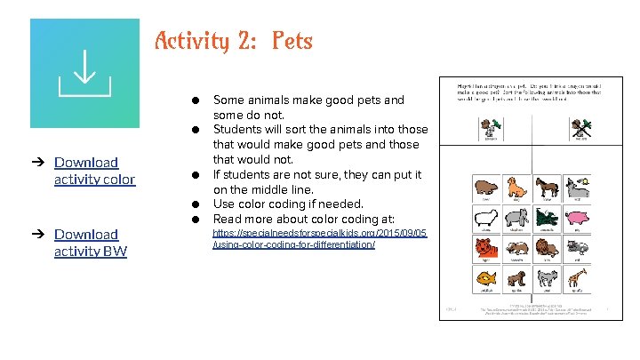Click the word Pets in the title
tap(292, 41)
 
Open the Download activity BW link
tap(90, 243)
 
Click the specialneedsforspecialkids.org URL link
tap(319, 238)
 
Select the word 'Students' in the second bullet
tap(241, 130)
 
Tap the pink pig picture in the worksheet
tap(577, 219)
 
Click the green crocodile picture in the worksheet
tap(546, 219)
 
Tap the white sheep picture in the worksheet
tap(485, 219)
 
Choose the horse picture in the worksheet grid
tap(546, 188)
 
